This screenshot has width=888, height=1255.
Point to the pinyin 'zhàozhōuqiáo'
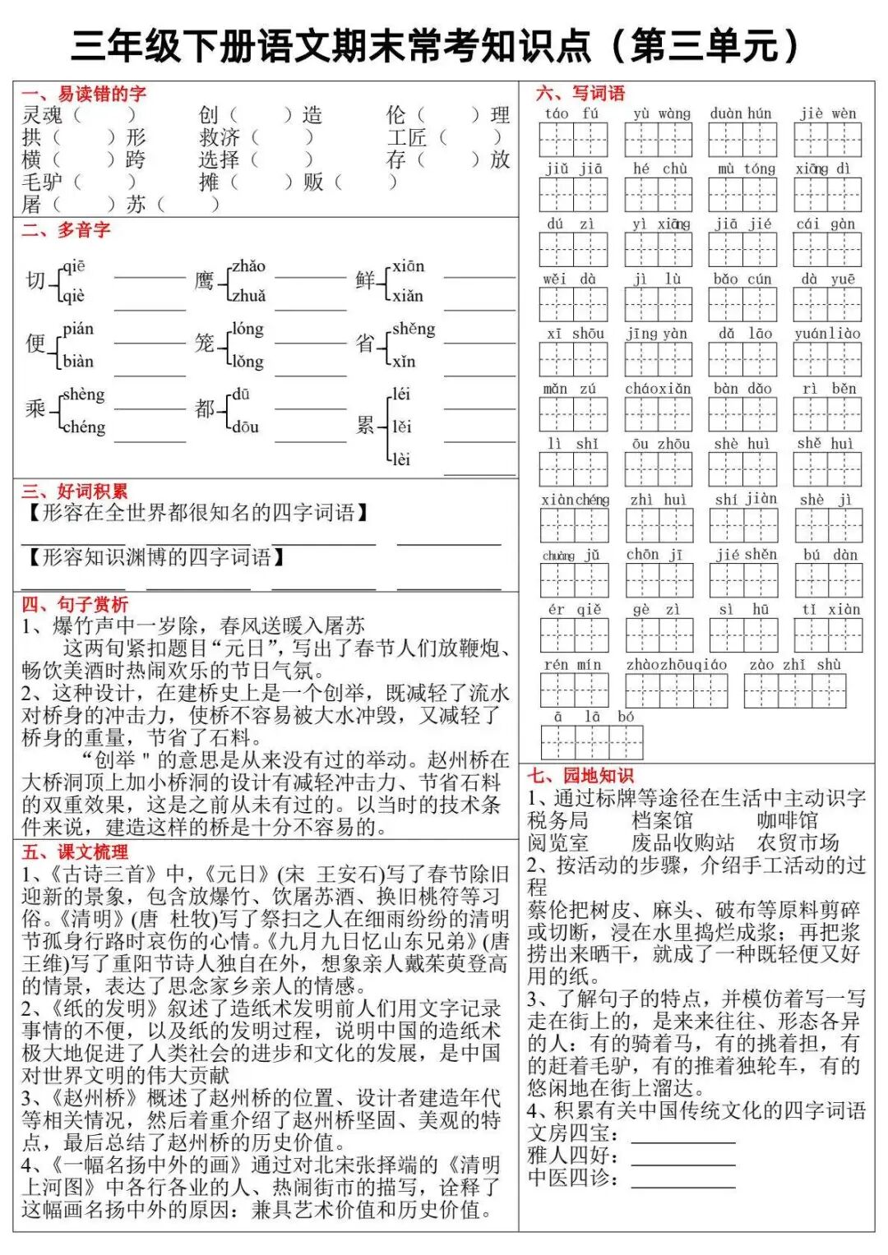[x=676, y=664]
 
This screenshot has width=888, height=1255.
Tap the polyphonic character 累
[x=365, y=426]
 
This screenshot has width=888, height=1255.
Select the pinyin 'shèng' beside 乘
[x=84, y=394]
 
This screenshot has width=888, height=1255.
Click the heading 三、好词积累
[x=74, y=491]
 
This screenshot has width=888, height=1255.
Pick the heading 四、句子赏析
[x=74, y=604]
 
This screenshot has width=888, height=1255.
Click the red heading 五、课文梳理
[x=74, y=851]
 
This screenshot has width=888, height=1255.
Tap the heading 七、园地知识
[x=580, y=775]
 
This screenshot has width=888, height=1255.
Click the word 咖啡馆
[x=787, y=820]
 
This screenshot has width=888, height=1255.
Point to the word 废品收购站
[x=682, y=842]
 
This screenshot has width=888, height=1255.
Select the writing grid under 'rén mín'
[x=574, y=690]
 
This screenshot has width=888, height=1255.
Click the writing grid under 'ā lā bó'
[x=591, y=743]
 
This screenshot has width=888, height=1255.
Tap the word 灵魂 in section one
[x=42, y=115]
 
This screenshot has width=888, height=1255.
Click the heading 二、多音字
[x=66, y=230]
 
